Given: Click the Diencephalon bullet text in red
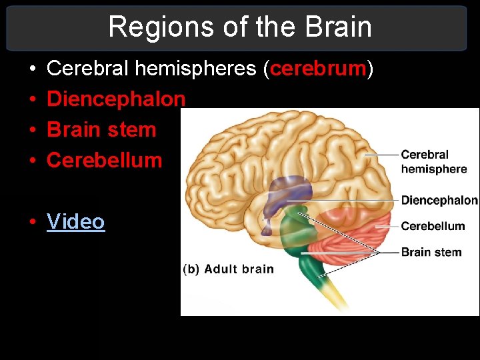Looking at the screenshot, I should [x=116, y=99].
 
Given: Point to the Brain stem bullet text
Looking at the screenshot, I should [x=101, y=129].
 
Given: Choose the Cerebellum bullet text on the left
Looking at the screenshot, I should [x=105, y=160].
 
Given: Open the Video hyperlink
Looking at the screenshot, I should [x=76, y=221].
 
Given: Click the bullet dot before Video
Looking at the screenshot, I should [x=33, y=222].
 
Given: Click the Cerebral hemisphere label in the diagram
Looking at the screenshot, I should [x=433, y=162].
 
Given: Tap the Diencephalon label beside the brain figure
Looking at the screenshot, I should [x=439, y=200].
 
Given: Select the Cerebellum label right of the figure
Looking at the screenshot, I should [x=433, y=226].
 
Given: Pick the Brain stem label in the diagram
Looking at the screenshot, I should [x=431, y=252].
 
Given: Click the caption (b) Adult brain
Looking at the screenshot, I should [x=228, y=269].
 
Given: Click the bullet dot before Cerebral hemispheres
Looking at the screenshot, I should [x=33, y=69].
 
